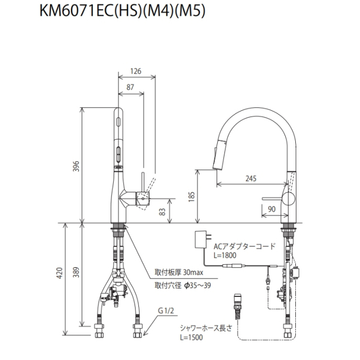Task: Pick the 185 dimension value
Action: coord(192,195)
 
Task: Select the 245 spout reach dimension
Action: coord(251,178)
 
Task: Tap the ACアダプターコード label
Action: coord(244,246)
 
